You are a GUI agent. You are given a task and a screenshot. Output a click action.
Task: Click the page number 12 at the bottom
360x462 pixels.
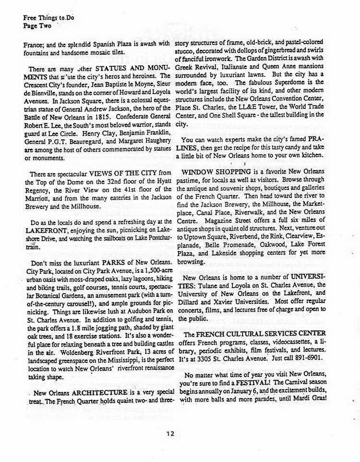click(170, 433)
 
